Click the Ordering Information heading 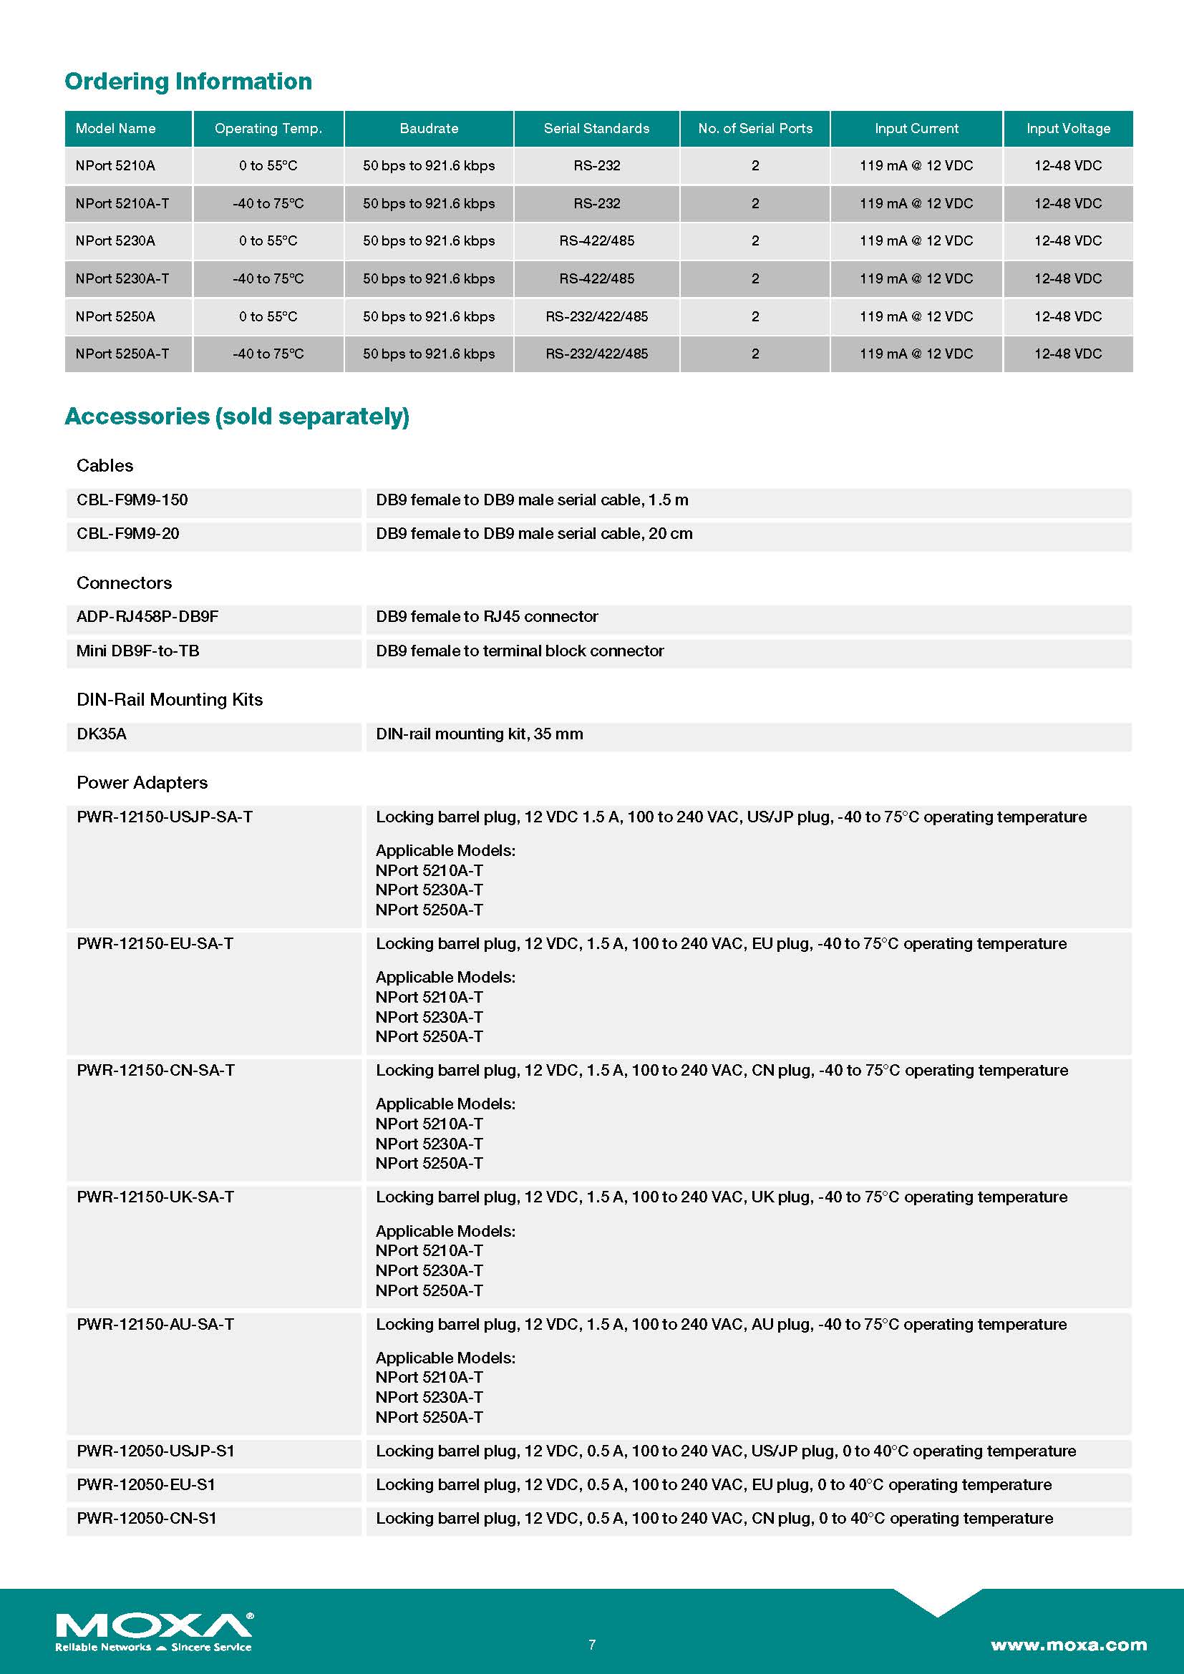188,81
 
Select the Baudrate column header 429,128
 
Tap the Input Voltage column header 1068,128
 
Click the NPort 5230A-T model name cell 122,278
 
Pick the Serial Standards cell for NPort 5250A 596,316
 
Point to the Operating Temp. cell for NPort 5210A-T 268,203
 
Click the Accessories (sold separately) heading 237,417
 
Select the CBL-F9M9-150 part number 132,500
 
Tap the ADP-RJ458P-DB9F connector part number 147,617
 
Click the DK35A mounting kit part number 102,734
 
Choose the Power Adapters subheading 142,782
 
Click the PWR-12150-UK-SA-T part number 155,1197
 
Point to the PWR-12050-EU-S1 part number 146,1484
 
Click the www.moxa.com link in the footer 1068,1644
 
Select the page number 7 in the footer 592,1644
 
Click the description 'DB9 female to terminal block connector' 520,651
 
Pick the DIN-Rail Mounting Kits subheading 169,700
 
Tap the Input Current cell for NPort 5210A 916,165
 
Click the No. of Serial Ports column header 754,128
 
